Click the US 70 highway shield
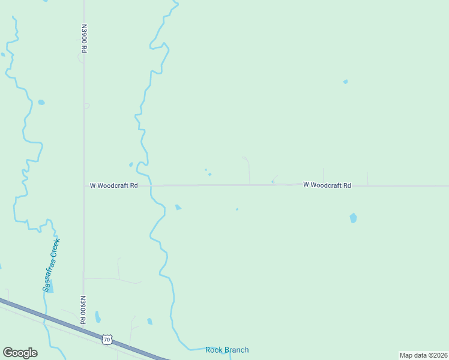[x=107, y=340]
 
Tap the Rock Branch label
[x=227, y=350]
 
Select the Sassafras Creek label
[x=52, y=265]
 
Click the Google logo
[x=20, y=353]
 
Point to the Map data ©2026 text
[x=423, y=355]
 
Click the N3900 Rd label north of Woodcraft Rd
[x=83, y=40]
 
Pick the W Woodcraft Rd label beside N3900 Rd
[x=114, y=186]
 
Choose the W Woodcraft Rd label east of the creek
[x=327, y=185]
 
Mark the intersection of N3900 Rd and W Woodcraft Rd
[x=83, y=186]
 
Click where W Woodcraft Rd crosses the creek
[x=150, y=186]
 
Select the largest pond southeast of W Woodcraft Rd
[x=353, y=218]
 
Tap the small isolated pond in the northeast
[x=345, y=82]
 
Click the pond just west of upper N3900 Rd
[x=41, y=103]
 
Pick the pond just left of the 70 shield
[x=97, y=317]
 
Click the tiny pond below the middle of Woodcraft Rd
[x=237, y=209]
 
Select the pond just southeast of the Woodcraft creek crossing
[x=178, y=208]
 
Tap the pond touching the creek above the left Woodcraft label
[x=131, y=164]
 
